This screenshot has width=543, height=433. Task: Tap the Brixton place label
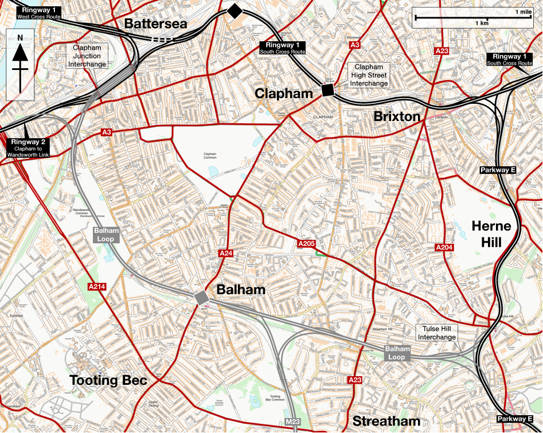(x=397, y=116)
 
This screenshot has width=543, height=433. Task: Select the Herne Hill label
(x=491, y=234)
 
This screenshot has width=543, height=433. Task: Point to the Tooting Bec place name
(x=108, y=380)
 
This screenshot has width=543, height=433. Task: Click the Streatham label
(x=386, y=421)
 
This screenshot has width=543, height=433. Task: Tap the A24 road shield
(x=225, y=253)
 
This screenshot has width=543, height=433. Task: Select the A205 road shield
(x=307, y=244)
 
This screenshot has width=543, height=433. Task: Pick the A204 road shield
(x=444, y=247)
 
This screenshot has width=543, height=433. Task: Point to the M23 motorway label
(x=292, y=423)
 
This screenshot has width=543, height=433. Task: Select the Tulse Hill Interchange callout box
(x=437, y=333)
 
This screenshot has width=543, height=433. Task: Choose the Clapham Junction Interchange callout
(x=87, y=56)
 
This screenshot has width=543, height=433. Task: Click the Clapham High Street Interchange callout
(x=368, y=75)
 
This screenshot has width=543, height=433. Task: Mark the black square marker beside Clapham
(x=328, y=90)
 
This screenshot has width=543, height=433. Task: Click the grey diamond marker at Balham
(x=201, y=298)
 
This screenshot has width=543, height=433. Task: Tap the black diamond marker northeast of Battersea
(x=234, y=10)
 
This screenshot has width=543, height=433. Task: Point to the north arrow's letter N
(x=20, y=38)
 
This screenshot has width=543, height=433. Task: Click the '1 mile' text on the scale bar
(x=523, y=11)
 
